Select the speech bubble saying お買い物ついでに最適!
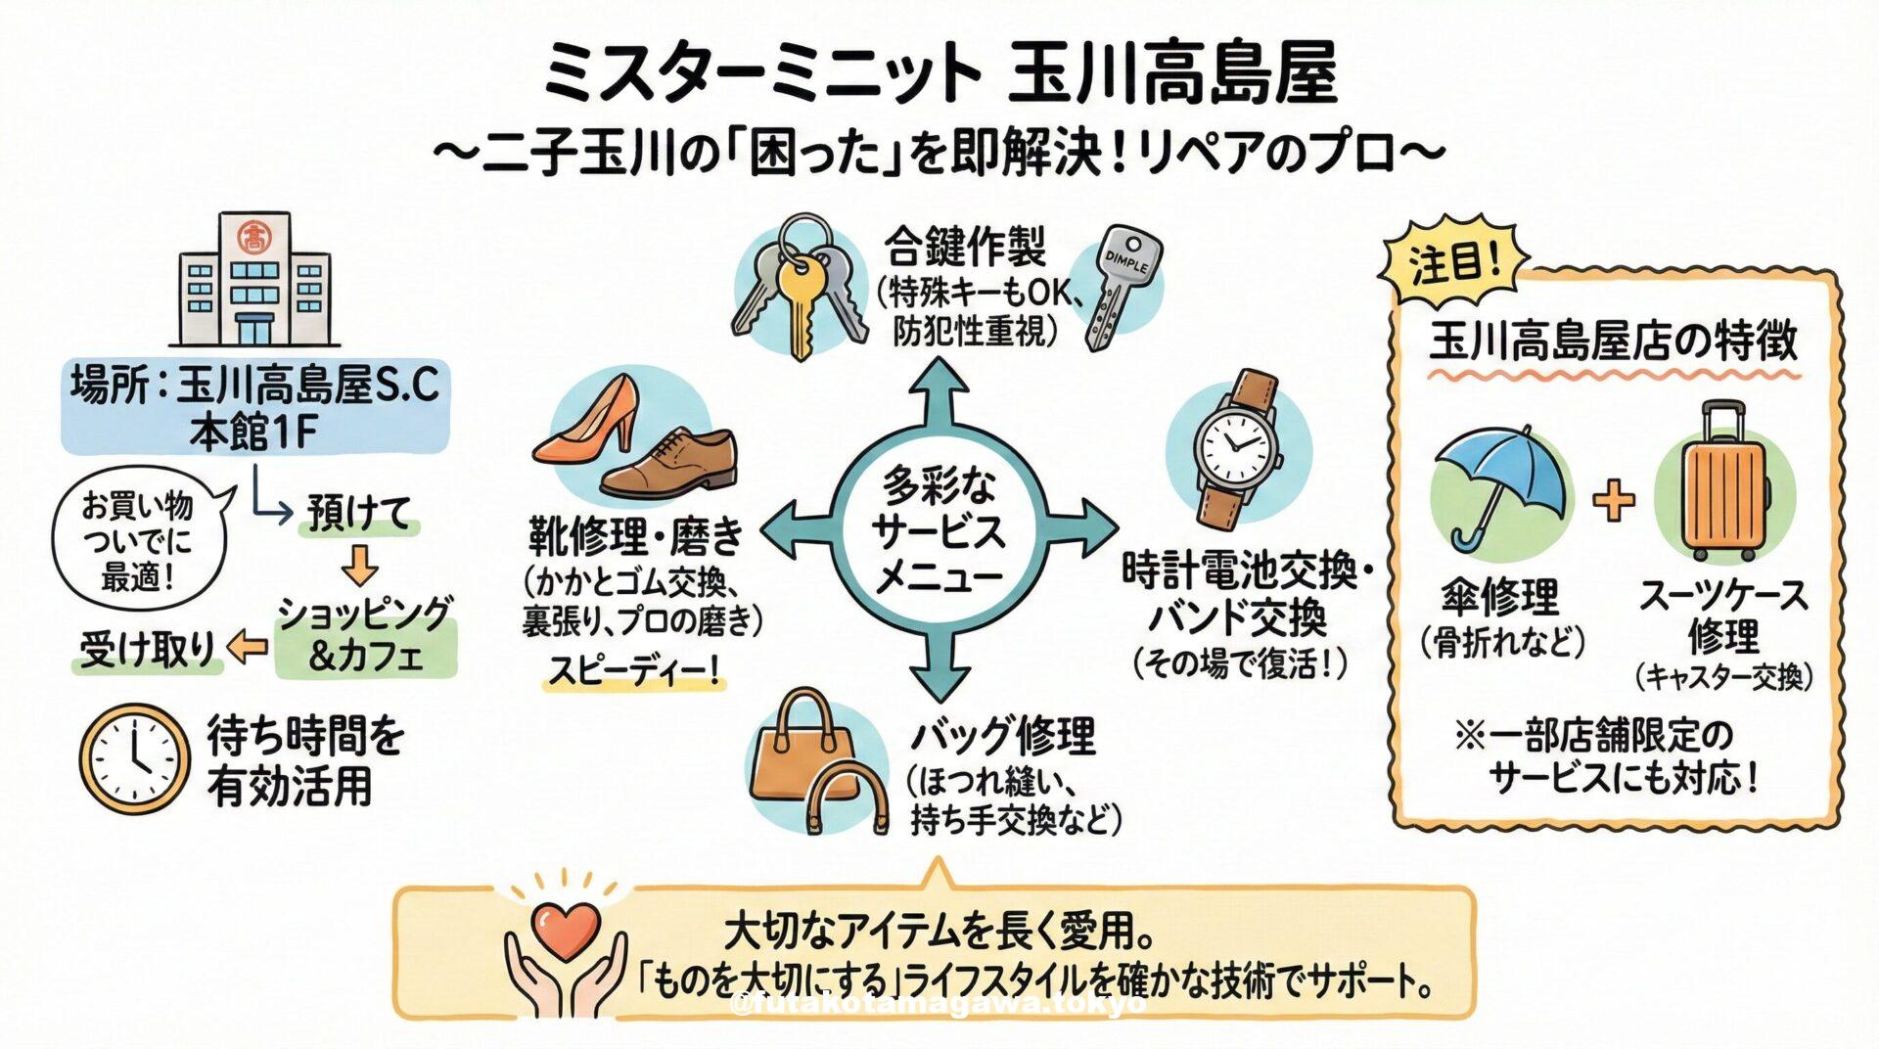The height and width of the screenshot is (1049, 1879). [137, 541]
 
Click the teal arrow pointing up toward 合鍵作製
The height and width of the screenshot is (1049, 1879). [938, 391]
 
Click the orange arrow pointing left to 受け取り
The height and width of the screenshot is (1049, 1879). [247, 647]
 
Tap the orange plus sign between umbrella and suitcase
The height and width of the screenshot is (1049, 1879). [1613, 500]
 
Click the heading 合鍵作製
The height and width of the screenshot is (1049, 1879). [965, 247]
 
